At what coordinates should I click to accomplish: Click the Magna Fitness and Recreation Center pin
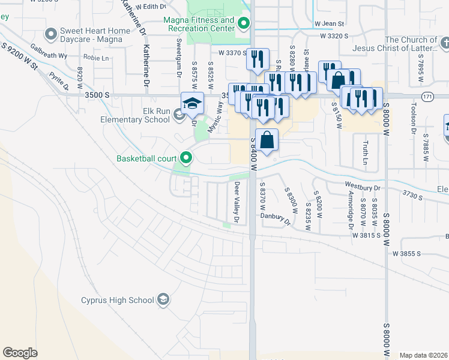[x=243, y=24]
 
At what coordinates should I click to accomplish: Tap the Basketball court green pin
[x=186, y=158]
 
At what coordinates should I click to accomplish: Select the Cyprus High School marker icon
[x=163, y=299]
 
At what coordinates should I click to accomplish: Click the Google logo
[x=20, y=353]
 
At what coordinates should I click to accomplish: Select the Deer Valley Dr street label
[x=237, y=203]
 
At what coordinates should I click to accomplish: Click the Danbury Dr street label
[x=276, y=218]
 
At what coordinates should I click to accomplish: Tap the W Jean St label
[x=328, y=24]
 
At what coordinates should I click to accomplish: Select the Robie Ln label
[x=96, y=58]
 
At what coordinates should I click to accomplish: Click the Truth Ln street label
[x=364, y=153]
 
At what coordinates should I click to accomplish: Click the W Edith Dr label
[x=150, y=6]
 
